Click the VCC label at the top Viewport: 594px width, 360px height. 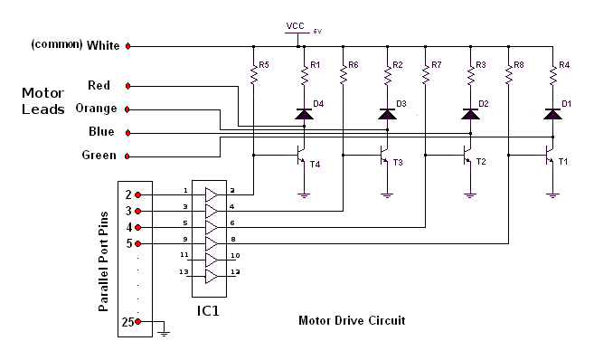[295, 26]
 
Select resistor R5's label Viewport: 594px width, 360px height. [264, 65]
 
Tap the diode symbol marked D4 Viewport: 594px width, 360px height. [305, 114]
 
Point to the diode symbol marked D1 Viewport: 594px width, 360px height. [552, 114]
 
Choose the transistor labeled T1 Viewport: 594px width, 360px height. [550, 157]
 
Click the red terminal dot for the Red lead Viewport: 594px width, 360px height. [127, 86]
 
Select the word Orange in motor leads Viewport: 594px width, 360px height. [96, 109]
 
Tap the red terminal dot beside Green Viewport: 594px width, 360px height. [127, 156]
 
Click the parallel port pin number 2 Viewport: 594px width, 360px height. [128, 194]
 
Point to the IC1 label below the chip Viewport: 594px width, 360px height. [208, 311]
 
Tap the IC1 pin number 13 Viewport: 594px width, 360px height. [184, 272]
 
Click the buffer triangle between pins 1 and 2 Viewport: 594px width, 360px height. [212, 194]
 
